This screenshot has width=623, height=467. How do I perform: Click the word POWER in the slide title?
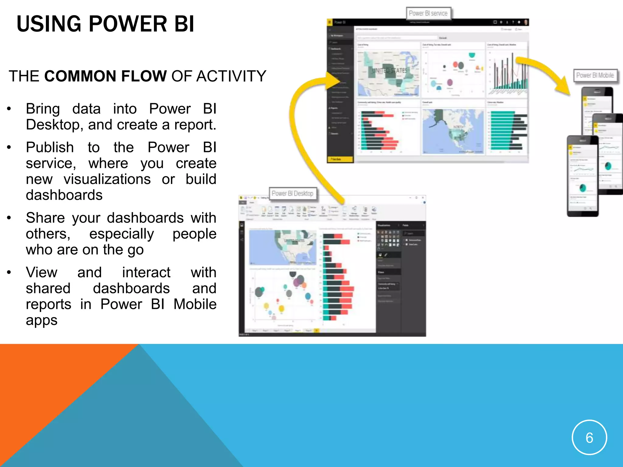click(x=127, y=24)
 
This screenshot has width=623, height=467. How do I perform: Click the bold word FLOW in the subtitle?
click(x=144, y=76)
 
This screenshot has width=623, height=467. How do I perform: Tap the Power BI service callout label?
click(x=428, y=13)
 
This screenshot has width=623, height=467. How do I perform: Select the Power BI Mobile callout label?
click(x=595, y=75)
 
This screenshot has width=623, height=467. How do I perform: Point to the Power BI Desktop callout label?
click(x=292, y=193)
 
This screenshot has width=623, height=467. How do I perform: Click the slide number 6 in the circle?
click(x=589, y=438)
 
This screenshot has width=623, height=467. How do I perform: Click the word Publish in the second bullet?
click(x=50, y=147)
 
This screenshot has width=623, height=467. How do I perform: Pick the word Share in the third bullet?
click(x=45, y=218)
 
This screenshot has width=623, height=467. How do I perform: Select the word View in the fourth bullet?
click(x=41, y=272)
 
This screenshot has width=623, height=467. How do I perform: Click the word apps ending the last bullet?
click(x=42, y=320)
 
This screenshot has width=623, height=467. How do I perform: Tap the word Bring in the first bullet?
click(x=43, y=109)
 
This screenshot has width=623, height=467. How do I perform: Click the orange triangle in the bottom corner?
click(x=46, y=395)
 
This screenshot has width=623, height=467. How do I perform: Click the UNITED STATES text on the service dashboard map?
click(x=389, y=71)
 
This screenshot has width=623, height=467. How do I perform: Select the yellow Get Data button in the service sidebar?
click(x=340, y=159)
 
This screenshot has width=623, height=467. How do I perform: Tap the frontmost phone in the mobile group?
click(x=582, y=176)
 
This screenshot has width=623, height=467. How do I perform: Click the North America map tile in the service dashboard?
click(x=453, y=131)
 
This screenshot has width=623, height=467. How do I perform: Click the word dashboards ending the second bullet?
click(x=64, y=195)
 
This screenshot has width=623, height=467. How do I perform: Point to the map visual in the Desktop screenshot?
click(x=282, y=247)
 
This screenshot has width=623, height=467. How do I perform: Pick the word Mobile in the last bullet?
click(x=195, y=304)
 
